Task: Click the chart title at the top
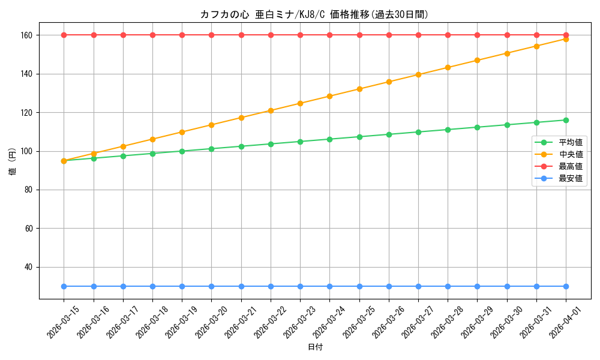coord(314,14)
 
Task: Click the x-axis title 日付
coord(315,347)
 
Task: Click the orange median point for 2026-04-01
coord(566,39)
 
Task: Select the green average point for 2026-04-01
coord(566,120)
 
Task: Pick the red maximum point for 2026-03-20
coord(211,35)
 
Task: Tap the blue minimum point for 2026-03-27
coord(418,286)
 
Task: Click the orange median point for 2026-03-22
coord(271,110)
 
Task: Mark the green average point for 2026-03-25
coord(359,137)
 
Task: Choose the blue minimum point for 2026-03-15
coord(64,286)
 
